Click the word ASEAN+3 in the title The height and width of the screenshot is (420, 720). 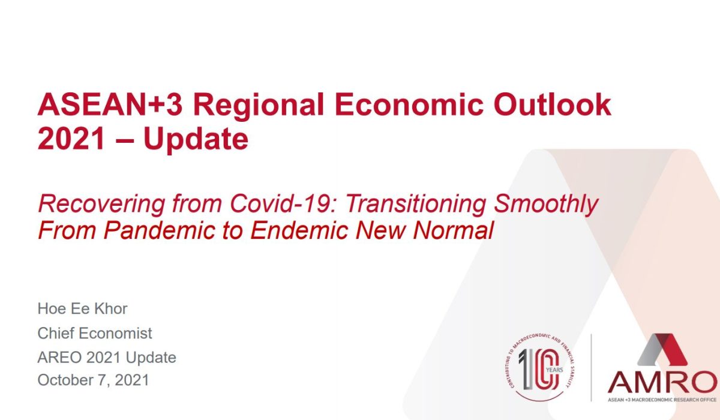coord(110,104)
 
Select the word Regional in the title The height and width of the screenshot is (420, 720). coord(259,107)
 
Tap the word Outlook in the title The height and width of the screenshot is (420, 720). coord(553,104)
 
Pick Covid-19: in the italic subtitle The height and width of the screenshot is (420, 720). coord(283,203)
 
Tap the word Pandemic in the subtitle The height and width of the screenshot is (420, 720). coord(159,230)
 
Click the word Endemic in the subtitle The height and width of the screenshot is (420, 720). coord(299,230)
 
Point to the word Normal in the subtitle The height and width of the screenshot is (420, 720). coord(453,230)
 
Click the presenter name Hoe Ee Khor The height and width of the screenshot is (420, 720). coord(82,308)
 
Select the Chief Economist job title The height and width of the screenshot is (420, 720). coord(95,333)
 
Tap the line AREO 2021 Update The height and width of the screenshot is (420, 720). coord(107,358)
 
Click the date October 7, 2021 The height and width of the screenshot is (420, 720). coord(93,380)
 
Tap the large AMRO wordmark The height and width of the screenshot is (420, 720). coord(662,382)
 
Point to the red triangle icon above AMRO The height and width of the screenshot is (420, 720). coord(662,349)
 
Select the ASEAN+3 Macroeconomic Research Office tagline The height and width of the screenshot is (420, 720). coord(662,400)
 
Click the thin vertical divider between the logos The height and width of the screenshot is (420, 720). coord(592,368)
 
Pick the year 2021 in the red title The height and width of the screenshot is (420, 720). coord(71,139)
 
